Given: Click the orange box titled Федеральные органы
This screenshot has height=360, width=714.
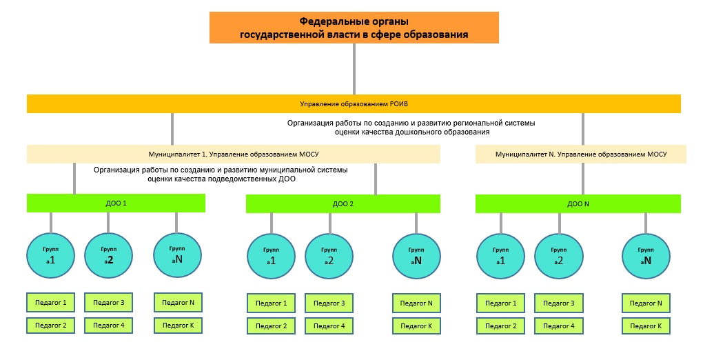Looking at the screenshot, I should tap(354, 28).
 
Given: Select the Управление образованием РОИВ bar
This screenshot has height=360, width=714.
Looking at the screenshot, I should tap(354, 104).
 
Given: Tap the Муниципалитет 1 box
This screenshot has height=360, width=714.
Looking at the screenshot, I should tap(233, 154).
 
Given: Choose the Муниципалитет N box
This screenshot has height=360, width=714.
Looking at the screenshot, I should tap(580, 154).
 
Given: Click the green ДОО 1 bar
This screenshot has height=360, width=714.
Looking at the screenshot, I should tap(116, 203).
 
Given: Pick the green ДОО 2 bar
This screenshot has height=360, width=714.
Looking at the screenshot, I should tap(343, 204).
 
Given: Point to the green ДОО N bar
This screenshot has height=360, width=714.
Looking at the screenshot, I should tap(578, 204).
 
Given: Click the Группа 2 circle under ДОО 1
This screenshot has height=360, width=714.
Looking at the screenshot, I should tap(108, 255).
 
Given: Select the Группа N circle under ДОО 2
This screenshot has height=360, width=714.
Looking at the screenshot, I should tap(415, 257).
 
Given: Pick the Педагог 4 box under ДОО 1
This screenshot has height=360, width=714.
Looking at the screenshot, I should tap(108, 325).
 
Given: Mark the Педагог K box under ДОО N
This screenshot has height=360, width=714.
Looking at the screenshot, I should tap(646, 326).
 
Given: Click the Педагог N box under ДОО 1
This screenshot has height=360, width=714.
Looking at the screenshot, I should tap(178, 302).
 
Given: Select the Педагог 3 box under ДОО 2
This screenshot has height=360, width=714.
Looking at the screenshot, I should tap(329, 303).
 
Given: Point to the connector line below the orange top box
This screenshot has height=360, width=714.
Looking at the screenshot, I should tap(354, 69).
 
